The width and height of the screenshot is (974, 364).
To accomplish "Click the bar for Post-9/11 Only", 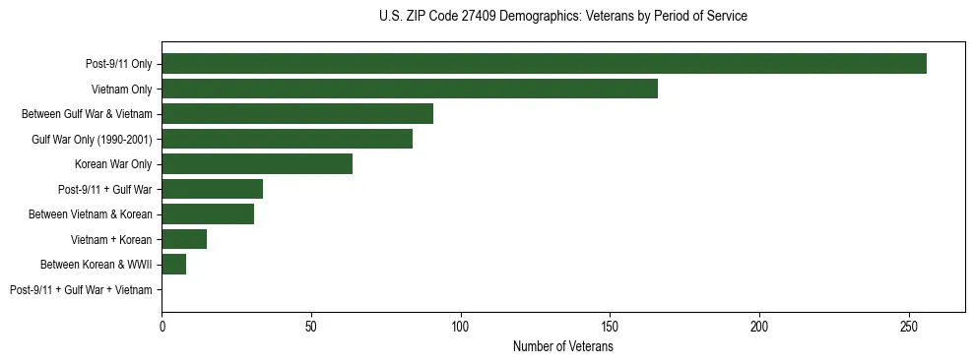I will click(x=544, y=63).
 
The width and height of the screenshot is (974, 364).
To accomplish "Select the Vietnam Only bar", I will click(x=410, y=89).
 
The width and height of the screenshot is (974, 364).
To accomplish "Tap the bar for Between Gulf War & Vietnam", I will click(x=297, y=113).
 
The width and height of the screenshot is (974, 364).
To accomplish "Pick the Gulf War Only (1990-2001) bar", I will click(x=287, y=139).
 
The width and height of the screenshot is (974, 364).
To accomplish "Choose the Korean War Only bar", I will click(x=257, y=163).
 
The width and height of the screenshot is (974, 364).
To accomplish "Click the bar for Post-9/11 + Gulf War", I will click(x=212, y=189).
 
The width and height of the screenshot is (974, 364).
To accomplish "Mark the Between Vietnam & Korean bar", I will click(x=208, y=213).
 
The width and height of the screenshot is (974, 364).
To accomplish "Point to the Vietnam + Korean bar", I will click(x=184, y=239).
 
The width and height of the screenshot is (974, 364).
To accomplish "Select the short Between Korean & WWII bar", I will click(x=173, y=264).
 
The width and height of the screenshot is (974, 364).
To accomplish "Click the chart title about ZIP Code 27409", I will click(x=562, y=17).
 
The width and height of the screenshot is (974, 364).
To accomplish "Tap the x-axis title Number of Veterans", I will click(x=562, y=346).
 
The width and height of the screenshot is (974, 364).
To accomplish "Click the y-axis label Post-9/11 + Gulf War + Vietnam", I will click(x=81, y=289).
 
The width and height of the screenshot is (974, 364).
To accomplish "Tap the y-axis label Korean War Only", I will click(x=112, y=163).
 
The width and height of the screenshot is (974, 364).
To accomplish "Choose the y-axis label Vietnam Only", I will click(x=121, y=89).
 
